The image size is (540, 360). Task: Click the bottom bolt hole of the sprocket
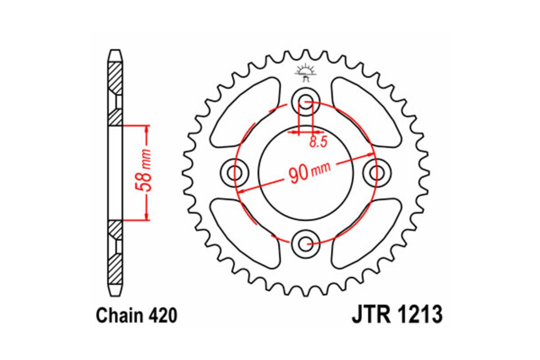point(306,244)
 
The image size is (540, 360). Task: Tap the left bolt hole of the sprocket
point(234,172)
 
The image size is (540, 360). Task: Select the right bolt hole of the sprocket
point(377,172)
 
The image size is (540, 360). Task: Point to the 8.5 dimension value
point(318,142)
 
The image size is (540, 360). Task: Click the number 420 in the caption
point(162,316)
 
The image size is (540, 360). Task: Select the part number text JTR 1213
point(396,315)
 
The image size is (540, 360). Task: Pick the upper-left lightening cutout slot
point(245,112)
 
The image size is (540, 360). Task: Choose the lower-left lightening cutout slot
point(245,232)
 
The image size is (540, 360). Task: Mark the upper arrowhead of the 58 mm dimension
point(147,128)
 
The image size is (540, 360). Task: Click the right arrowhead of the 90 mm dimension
point(368,156)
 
